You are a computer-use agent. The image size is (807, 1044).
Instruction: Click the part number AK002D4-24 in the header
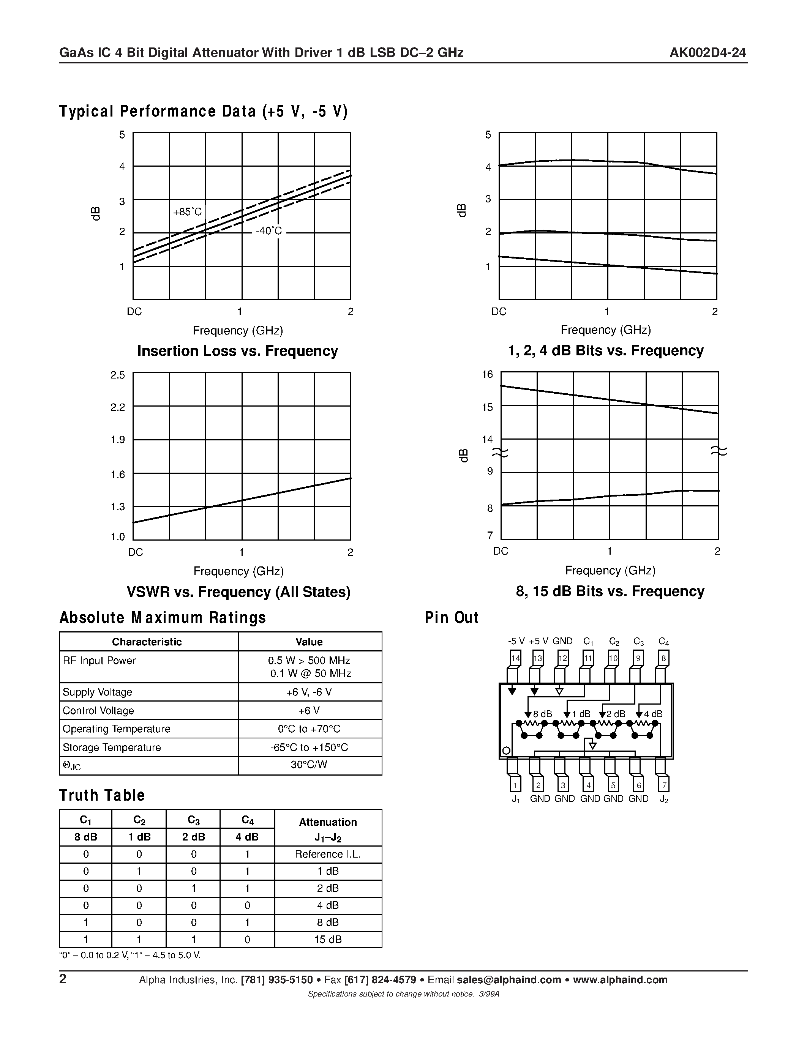[x=707, y=53]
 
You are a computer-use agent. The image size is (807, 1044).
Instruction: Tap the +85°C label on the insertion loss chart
[x=187, y=212]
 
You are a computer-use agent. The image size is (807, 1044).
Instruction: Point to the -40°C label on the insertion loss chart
[x=268, y=231]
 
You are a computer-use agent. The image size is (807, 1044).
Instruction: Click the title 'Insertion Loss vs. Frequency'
[x=238, y=351]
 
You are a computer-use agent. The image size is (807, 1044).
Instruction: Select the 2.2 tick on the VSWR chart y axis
[x=118, y=407]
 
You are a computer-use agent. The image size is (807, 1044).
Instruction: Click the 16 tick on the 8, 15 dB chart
[x=487, y=374]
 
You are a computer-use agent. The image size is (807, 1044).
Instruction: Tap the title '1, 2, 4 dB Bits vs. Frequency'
[x=605, y=350]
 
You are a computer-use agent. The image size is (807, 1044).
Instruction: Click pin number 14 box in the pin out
[x=515, y=658]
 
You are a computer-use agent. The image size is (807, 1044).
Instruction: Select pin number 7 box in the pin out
[x=663, y=785]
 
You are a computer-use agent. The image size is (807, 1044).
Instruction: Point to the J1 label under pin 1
[x=515, y=799]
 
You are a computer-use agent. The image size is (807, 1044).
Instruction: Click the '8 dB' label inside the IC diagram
[x=542, y=714]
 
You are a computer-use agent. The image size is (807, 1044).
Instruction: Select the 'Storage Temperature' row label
[x=112, y=748]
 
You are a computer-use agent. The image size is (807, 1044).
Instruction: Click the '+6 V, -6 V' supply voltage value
[x=309, y=692]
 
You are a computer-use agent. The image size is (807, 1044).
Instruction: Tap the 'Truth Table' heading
[x=102, y=795]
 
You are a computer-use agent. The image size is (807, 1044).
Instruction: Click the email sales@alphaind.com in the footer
[x=509, y=980]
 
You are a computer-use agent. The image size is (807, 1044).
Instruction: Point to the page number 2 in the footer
[x=63, y=979]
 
